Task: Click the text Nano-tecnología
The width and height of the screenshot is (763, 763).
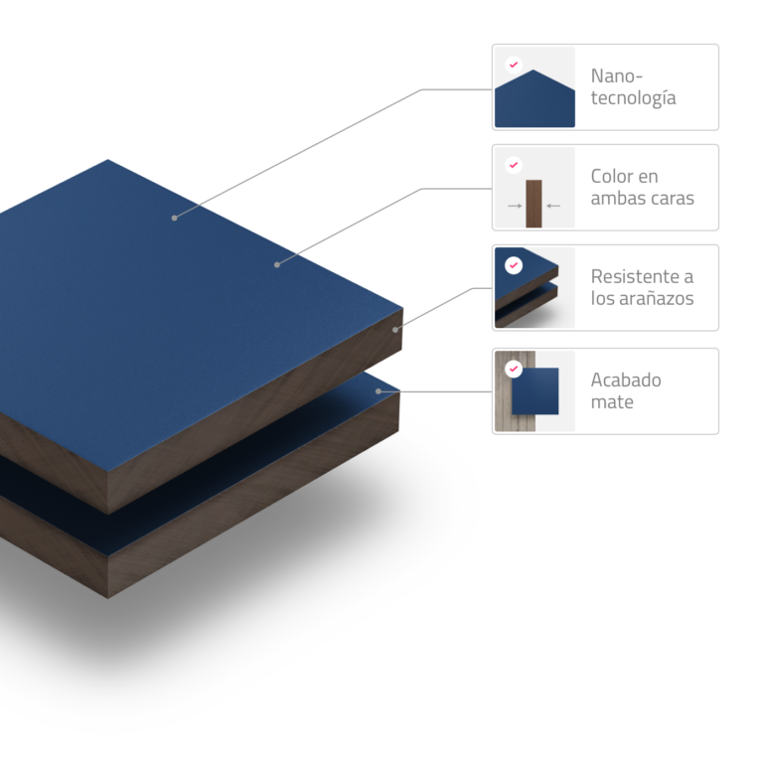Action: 633,86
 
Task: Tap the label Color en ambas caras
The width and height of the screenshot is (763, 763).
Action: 643,188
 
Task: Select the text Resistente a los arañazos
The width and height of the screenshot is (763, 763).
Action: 643,287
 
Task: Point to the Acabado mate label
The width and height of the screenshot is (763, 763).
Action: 626,390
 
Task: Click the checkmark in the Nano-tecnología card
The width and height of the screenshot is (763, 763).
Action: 514,65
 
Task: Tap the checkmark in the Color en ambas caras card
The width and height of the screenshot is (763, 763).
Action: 514,165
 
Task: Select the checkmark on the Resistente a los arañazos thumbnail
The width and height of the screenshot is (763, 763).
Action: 514,265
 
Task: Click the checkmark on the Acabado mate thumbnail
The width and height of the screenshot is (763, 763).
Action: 514,369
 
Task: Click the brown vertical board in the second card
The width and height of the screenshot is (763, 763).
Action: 534,204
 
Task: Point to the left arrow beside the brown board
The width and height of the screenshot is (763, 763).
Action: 515,206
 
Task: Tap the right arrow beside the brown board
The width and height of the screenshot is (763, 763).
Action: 553,206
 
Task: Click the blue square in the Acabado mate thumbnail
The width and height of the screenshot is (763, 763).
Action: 535,391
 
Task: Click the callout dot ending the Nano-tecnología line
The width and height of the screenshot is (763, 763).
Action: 174,218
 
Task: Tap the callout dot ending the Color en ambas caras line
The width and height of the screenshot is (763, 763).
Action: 277,264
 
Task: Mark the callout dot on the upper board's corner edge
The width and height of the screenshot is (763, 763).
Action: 395,330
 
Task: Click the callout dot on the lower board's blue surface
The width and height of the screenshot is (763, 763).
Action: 379,391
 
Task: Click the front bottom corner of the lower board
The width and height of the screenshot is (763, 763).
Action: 108,598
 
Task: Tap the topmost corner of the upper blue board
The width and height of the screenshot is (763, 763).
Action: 108,160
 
